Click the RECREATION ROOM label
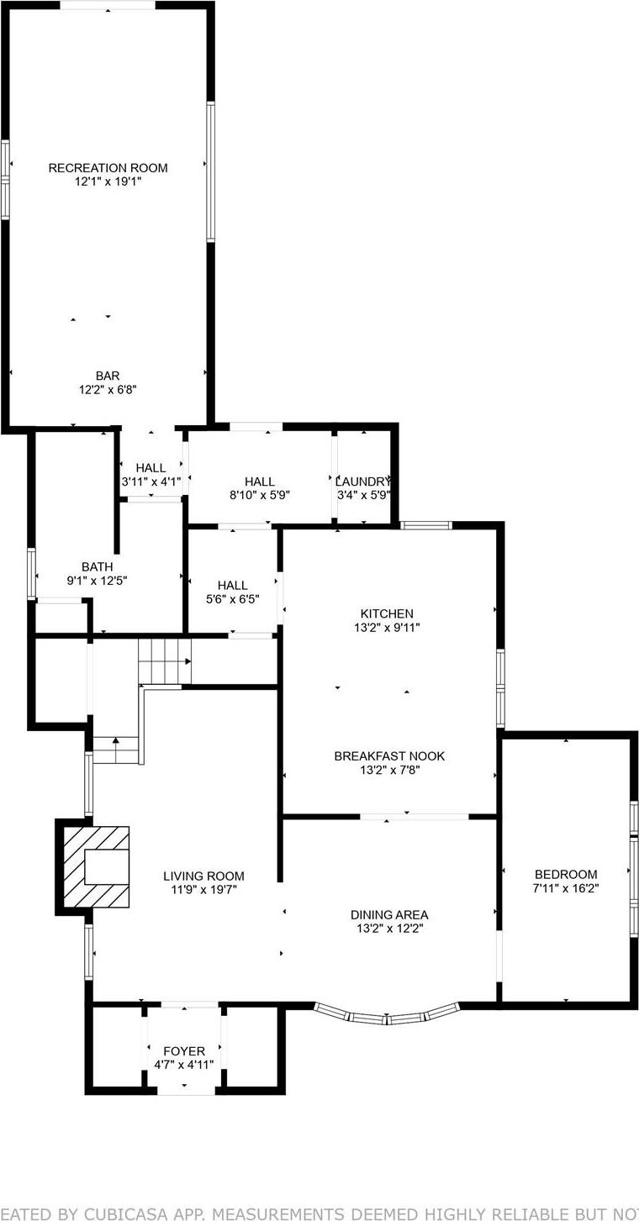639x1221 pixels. coord(108,168)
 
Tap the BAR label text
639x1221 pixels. coord(108,376)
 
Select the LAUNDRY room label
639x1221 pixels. coord(363,482)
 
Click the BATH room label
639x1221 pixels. coord(97,567)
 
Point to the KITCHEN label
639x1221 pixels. coord(387,614)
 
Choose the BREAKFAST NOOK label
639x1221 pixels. coord(389,756)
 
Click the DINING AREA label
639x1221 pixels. coord(389,915)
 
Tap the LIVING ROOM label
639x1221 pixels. coord(203,876)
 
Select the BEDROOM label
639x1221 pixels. coord(565,874)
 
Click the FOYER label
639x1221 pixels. coord(184,1051)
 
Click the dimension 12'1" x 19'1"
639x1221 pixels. coord(108,182)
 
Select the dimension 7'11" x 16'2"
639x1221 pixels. coord(565,887)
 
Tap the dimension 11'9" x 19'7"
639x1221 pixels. coord(203,890)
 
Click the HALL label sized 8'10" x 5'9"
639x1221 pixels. coord(260,482)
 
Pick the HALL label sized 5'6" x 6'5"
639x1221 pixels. coord(232,585)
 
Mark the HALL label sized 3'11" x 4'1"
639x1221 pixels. coord(151,468)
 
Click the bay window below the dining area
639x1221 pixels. coord(388,1018)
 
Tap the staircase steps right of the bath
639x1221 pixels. coord(165,660)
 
